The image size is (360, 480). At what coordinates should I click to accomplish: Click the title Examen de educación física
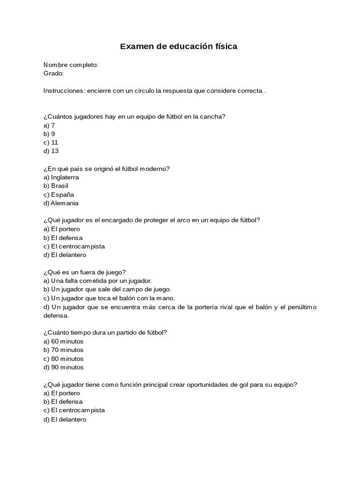[x=179, y=46]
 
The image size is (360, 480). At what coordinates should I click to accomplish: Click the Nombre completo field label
[x=71, y=65]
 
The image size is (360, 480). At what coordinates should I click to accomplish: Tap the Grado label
[x=53, y=73]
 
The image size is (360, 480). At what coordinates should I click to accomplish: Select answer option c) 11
[x=51, y=142]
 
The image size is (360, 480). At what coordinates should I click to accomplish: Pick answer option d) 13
[x=51, y=151]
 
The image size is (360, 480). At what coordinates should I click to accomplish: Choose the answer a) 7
[x=49, y=125]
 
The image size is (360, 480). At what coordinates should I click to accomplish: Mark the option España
[x=59, y=195]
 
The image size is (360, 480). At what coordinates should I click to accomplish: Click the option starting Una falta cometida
[x=97, y=281]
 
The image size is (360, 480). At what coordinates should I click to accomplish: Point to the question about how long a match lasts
[x=105, y=332]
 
